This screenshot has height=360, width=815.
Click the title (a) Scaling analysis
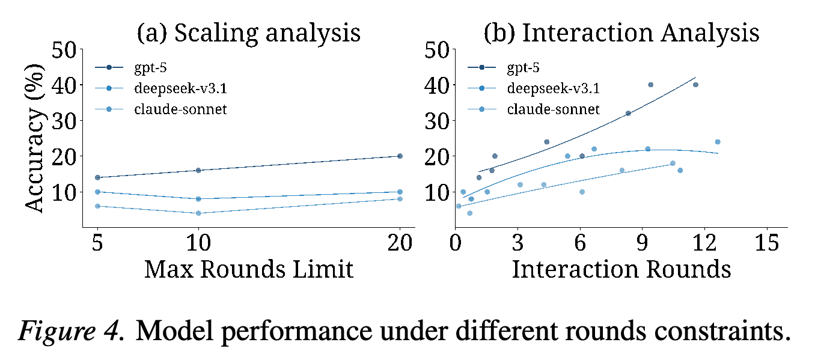point(248,33)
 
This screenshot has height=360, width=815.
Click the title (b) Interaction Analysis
point(621,33)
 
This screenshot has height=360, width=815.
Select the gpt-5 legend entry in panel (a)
point(131,68)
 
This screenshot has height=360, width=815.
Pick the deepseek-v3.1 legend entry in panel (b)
point(534,88)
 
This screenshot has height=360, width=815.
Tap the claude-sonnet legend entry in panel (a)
point(161,109)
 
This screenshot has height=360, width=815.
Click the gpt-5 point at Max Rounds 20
point(400,156)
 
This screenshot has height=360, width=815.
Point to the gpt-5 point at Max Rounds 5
point(97,178)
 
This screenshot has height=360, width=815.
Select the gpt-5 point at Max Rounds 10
point(198,170)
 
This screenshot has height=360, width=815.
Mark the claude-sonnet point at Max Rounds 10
point(198,213)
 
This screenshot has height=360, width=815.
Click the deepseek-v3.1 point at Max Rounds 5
point(97,192)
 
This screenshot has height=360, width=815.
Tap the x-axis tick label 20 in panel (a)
point(400,243)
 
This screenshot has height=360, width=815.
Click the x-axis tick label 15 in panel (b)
point(767,243)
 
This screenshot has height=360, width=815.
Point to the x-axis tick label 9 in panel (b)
point(643,243)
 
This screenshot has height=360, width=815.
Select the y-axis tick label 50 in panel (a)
point(64,50)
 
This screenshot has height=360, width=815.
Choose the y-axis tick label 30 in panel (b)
point(437,121)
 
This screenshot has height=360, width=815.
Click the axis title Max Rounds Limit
point(249,270)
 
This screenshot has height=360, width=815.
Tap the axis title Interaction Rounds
point(621,270)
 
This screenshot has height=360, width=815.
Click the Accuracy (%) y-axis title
point(35,138)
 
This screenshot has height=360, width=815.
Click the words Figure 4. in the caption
point(71,331)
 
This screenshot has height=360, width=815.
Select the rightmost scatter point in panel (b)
point(718,142)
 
